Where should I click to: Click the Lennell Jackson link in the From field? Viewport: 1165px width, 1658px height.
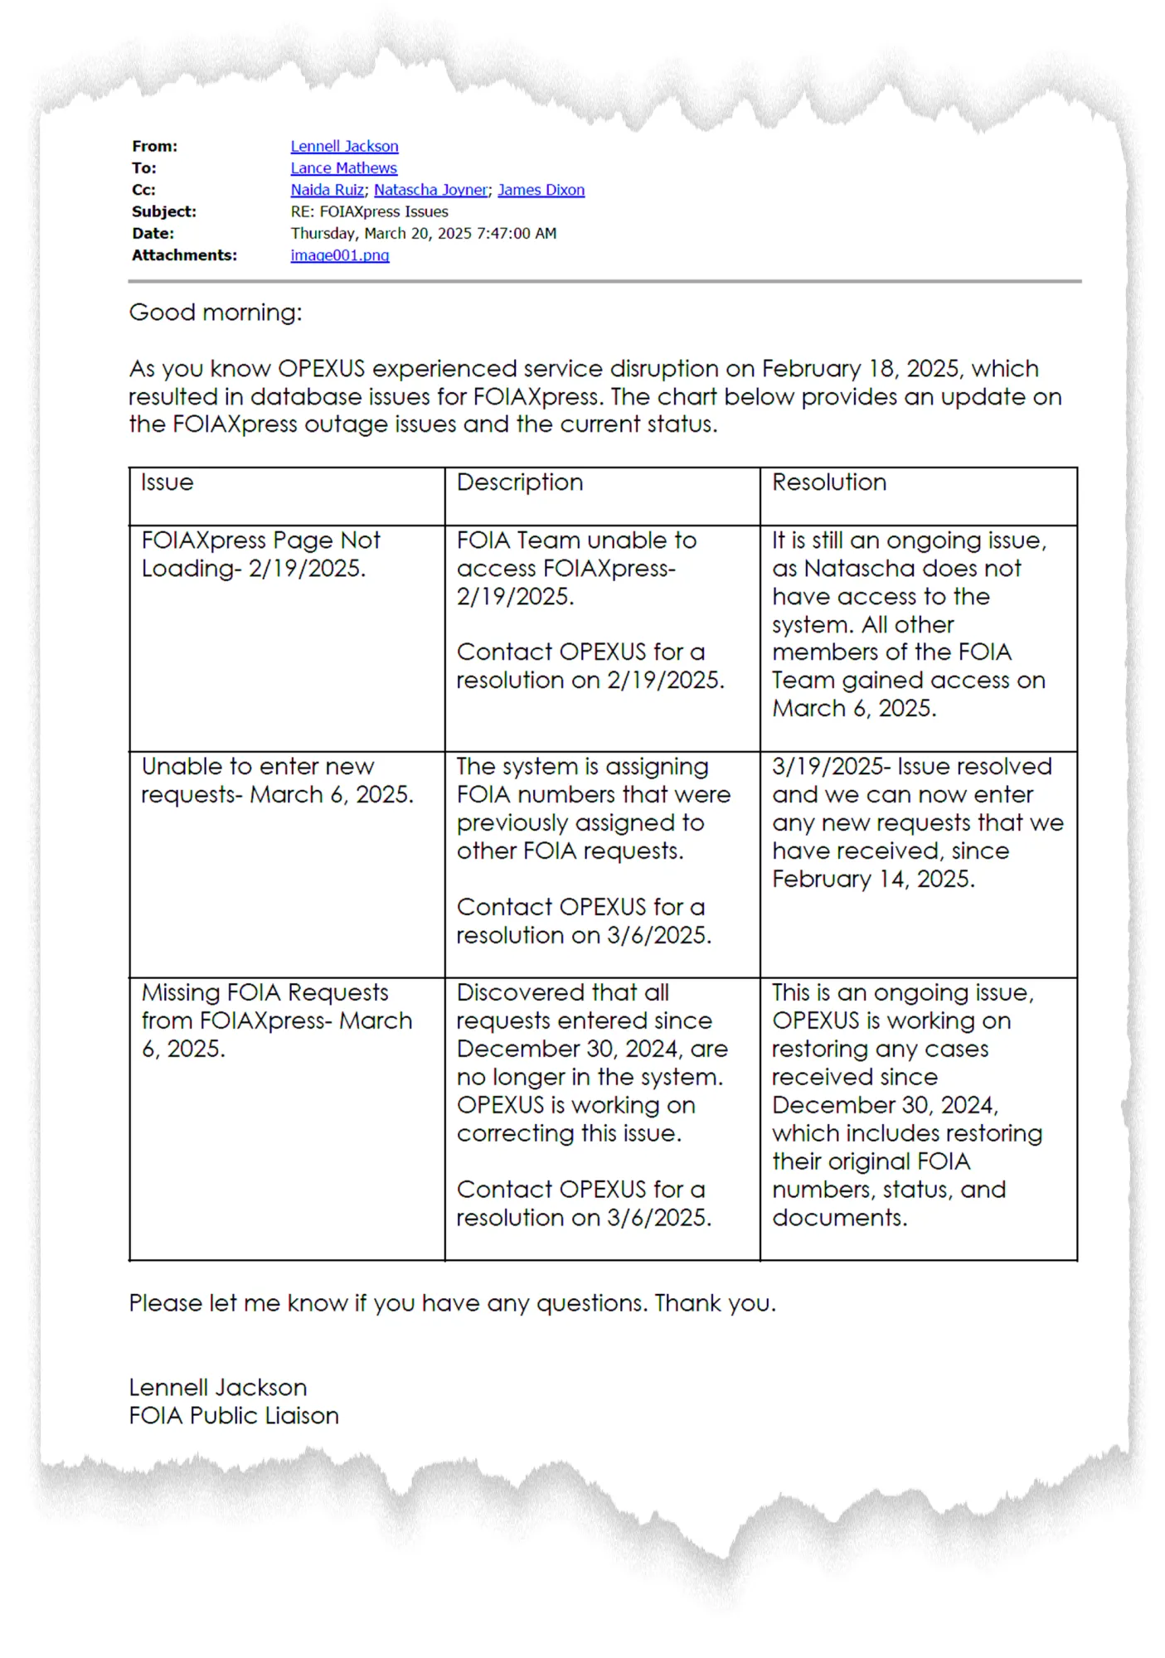coord(344,146)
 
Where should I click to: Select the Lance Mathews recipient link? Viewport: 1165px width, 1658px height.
coord(343,167)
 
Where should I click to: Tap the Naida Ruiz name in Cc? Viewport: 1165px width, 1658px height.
coord(327,190)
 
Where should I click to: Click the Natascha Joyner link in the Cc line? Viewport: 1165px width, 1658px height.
coord(430,190)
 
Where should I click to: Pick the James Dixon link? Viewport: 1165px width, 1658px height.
coord(541,190)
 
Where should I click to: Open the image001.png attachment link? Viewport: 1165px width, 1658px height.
coord(339,255)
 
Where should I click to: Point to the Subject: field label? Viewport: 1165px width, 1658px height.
coord(164,211)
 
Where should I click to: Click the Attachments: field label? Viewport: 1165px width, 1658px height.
coord(184,255)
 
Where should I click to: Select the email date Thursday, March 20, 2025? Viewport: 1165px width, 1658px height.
coord(423,234)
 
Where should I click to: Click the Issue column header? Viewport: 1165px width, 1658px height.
coord(167,482)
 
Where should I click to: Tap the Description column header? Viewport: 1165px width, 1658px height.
coord(520,482)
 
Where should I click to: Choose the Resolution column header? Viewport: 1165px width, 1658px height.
coord(829,482)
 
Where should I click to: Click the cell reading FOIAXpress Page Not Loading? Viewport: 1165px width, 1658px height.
coord(260,555)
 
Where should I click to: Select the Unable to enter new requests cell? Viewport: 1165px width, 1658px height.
coord(277,780)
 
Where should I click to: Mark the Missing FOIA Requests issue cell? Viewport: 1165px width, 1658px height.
coord(276,1020)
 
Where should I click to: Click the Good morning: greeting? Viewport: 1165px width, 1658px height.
coord(216,313)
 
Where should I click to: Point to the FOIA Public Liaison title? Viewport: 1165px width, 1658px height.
coord(234,1415)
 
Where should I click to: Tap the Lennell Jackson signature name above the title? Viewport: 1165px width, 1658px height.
coord(218,1387)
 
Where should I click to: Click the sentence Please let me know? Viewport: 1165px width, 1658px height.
coord(452,1303)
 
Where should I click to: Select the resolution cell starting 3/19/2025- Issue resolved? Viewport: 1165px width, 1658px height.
coord(916,822)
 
